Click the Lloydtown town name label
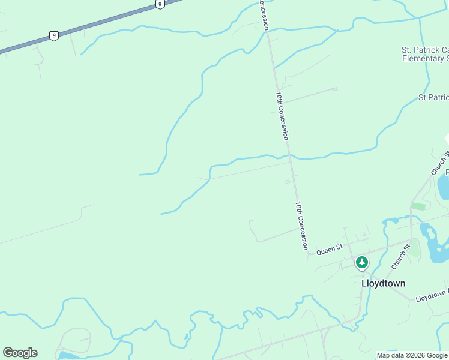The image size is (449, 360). [383, 283]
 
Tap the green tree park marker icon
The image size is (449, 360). [361, 262]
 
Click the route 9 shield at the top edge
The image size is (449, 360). [159, 4]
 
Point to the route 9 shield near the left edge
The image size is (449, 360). [54, 36]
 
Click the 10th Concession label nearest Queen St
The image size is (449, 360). [301, 225]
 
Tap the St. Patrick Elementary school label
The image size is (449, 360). [425, 54]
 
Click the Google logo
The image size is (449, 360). [20, 353]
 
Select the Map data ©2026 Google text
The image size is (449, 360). [412, 355]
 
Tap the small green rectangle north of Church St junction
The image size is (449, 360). [418, 206]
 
